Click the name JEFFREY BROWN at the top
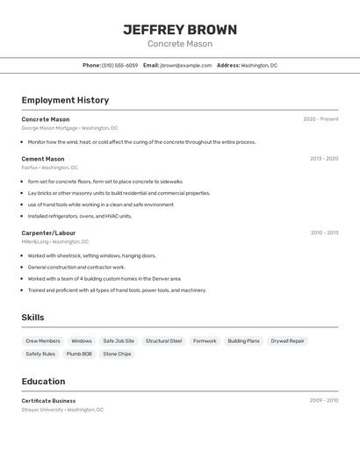tap(179, 30)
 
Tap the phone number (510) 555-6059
tap(120, 65)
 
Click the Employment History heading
tap(65, 100)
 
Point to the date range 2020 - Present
tap(320, 119)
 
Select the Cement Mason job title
tap(43, 159)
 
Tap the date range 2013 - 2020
tap(324, 159)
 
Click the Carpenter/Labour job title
tap(48, 232)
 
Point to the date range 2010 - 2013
tap(324, 232)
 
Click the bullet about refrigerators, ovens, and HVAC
tap(80, 216)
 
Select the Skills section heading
tap(32, 318)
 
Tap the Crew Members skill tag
tap(43, 340)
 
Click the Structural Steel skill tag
tap(163, 340)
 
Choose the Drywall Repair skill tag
tap(287, 340)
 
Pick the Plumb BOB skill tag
tap(79, 354)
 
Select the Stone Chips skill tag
tap(117, 354)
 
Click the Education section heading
tap(43, 381)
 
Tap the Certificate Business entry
tap(48, 400)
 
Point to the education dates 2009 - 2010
tap(324, 400)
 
